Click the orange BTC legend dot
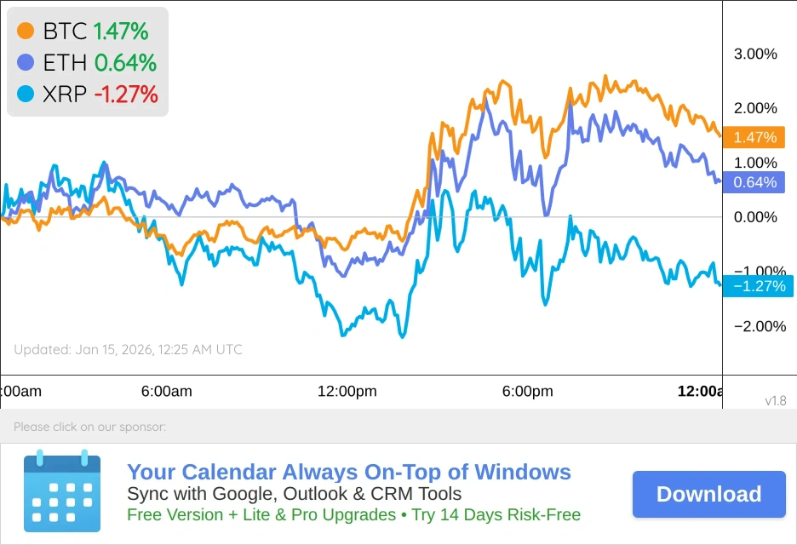26,32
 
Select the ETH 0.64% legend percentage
125,62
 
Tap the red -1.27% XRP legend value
126,94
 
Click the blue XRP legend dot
26,94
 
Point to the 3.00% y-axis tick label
755,54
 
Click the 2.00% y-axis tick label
755,108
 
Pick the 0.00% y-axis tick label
755,217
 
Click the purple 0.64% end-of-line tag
754,182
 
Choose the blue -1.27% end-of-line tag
757,286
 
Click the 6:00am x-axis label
167,392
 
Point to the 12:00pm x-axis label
347,392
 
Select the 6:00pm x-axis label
528,392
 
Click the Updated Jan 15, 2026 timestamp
128,349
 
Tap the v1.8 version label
775,400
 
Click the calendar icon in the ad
61,490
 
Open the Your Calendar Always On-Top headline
349,473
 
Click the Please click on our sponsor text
89,427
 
